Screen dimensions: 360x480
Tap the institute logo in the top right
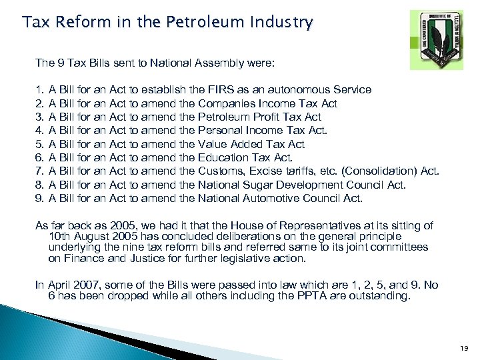(436, 39)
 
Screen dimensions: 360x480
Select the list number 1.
(39, 89)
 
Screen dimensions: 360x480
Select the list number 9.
(39, 198)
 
